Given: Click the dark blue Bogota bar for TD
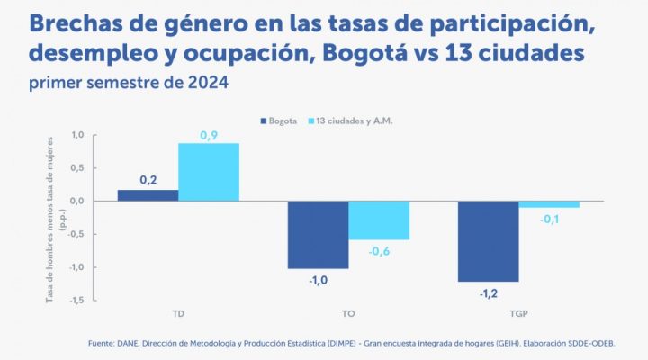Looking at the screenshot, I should (148, 194).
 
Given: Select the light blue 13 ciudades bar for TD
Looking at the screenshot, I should (209, 172).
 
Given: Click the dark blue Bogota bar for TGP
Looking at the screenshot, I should (488, 240).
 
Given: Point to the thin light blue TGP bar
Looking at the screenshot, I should (549, 204).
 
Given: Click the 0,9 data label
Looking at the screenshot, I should (209, 135).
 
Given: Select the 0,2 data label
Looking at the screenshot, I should (148, 181).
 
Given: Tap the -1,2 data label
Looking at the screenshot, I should (488, 292).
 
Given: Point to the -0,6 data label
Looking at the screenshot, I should (379, 251).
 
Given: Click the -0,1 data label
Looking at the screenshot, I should (549, 219).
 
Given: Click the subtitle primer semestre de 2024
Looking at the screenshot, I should (130, 84).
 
